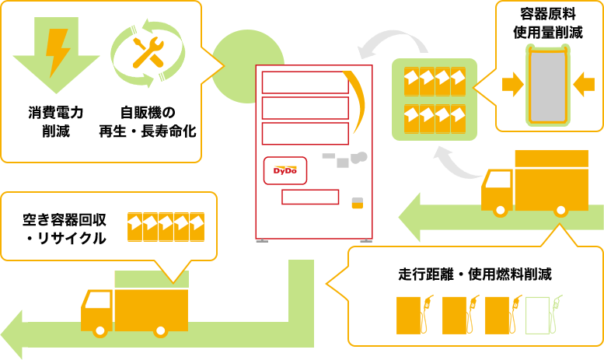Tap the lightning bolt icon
coord(57,51)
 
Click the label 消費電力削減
coord(56,121)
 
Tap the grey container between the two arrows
coord(549,86)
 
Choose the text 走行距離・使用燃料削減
coord(475,275)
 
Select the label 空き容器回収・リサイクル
coord(65,229)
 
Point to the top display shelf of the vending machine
coord(305,82)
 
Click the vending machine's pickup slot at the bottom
coord(309,197)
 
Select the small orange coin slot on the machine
coord(358,203)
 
